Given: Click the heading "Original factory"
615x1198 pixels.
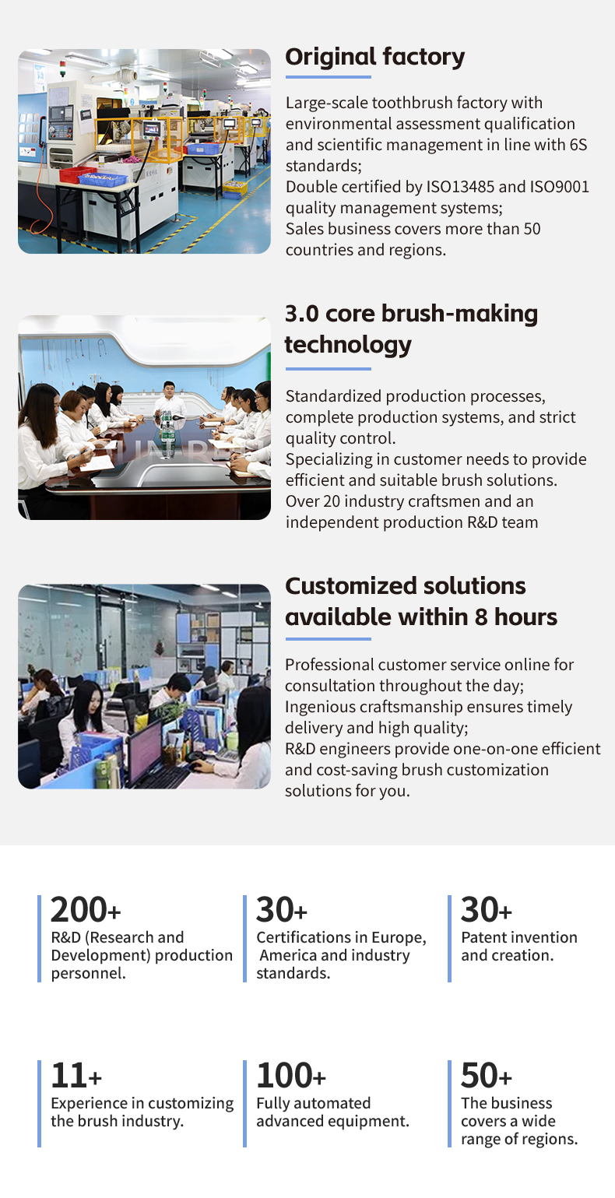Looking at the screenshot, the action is point(375,58).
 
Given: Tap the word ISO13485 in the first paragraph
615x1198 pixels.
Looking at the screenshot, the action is point(460,187).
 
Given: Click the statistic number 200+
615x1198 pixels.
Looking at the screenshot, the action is point(86,910).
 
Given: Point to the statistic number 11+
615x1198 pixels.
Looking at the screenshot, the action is point(76,1076).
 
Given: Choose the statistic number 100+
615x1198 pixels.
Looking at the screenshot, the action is point(291,1076).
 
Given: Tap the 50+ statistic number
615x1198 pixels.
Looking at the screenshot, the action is point(486,1076).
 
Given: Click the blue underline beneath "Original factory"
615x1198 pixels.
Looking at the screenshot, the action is point(329,77).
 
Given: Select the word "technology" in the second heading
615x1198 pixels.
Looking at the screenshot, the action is point(348,345).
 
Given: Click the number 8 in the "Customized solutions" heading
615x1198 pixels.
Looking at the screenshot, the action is point(481,617).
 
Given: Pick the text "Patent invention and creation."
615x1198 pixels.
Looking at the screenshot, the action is point(519,946).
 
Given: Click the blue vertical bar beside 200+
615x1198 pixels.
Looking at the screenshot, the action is point(39,939).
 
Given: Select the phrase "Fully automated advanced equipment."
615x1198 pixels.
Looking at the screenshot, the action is point(332,1112).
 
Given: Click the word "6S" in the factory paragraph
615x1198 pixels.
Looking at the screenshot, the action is point(578,145).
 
